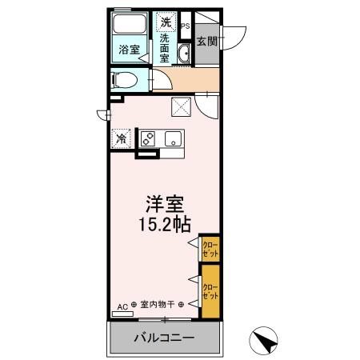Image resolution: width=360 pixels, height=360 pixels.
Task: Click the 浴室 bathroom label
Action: (128, 49)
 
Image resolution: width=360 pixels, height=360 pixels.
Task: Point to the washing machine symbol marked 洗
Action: (166, 21)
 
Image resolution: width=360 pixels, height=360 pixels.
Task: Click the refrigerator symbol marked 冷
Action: (122, 138)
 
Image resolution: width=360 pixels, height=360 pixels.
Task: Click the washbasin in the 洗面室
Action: (183, 54)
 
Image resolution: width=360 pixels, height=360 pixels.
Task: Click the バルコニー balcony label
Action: (162, 338)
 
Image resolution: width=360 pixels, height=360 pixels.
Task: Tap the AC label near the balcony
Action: (123, 304)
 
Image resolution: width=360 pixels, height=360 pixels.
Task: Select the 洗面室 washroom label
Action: (166, 48)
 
